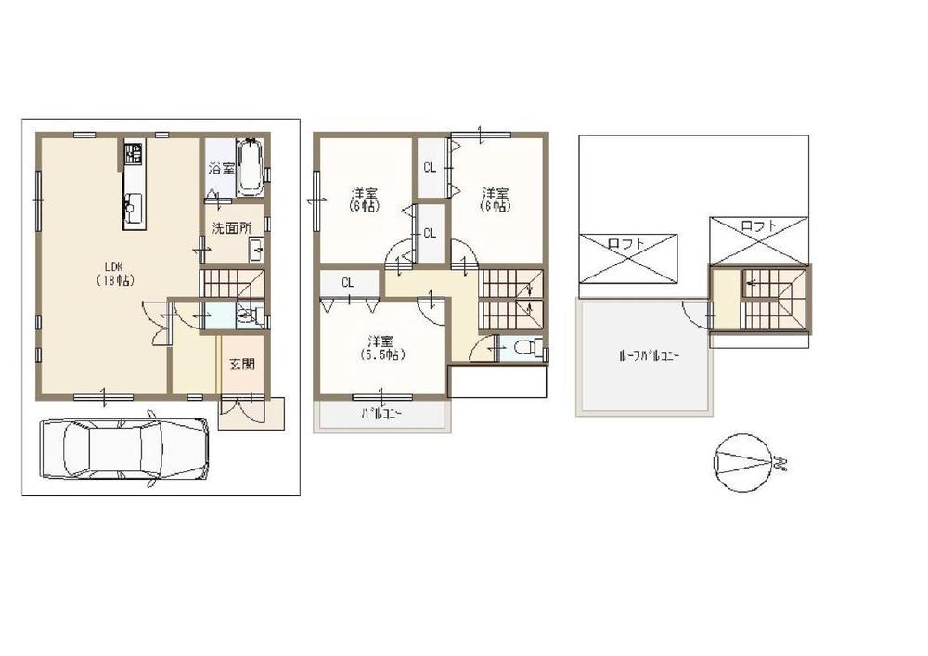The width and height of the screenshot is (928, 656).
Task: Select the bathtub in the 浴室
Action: coord(250,167)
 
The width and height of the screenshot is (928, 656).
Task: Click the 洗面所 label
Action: coord(231,228)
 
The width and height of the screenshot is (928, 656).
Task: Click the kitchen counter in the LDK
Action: coord(133,186)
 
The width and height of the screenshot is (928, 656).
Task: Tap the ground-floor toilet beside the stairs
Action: coord(245,316)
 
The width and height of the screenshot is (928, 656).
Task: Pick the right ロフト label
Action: coord(759,225)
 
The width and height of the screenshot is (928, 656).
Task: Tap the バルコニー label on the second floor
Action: coord(380,416)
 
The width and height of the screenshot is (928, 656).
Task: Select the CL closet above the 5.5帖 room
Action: coord(346,282)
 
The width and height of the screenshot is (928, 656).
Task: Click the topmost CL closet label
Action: coord(430,168)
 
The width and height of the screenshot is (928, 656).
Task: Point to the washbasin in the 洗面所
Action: coord(256,250)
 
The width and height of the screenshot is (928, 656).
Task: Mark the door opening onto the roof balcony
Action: coord(696,314)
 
